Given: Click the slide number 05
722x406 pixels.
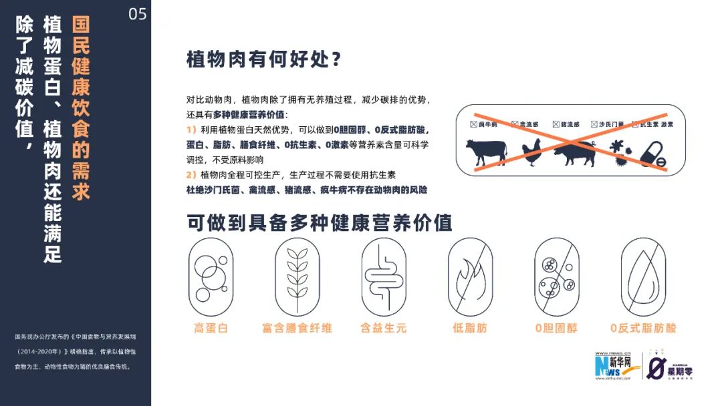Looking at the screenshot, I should [x=137, y=14].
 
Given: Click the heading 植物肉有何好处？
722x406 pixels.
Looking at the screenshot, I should [x=264, y=60].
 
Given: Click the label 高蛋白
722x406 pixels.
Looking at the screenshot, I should [x=211, y=328].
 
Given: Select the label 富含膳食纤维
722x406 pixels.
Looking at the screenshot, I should [x=297, y=328].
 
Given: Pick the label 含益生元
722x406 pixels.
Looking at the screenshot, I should [x=383, y=328].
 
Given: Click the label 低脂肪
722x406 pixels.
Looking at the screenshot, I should [x=470, y=328].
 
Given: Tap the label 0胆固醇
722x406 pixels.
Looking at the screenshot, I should [x=556, y=328].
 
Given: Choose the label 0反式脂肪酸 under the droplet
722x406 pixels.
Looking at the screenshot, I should [x=643, y=328].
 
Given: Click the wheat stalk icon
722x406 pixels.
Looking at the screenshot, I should [x=297, y=276].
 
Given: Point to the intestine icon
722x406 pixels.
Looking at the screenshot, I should [x=383, y=276].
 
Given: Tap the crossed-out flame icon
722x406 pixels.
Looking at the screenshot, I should [x=470, y=276].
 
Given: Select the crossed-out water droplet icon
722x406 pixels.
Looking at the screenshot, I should [x=643, y=276].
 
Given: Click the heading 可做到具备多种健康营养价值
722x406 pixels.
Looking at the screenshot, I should [x=320, y=222].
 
